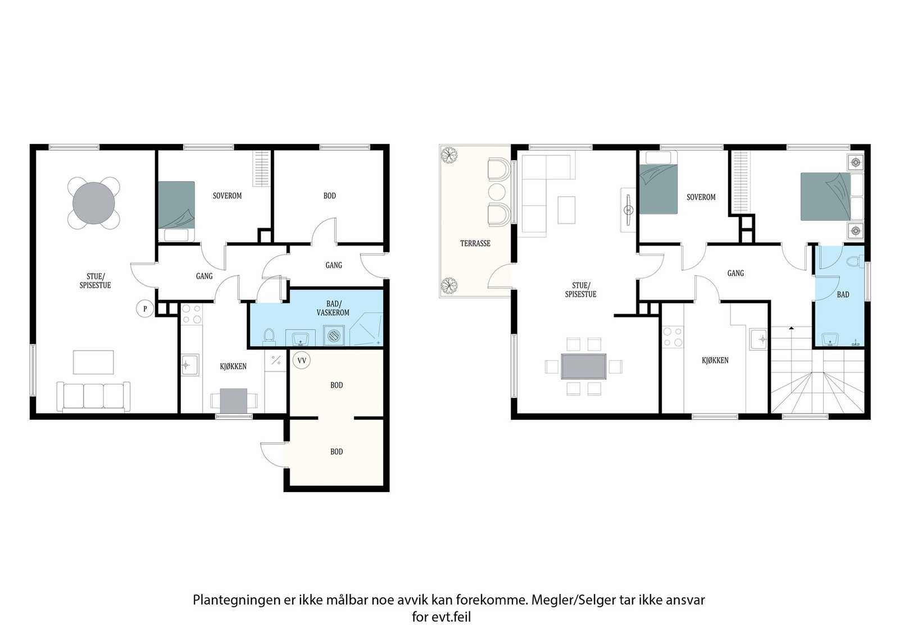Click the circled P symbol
click(145, 309)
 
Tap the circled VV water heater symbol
click(301, 360)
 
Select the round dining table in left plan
click(93, 203)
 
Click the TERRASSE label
click(475, 243)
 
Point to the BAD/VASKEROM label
click(333, 308)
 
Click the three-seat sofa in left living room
click(93, 397)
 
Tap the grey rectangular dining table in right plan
click(584, 366)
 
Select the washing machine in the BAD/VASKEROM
click(334, 335)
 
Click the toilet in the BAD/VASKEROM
click(269, 337)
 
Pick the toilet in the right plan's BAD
click(855, 262)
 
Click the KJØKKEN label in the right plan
click(715, 360)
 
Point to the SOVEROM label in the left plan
click(227, 196)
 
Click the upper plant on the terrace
click(449, 155)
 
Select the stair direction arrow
click(791, 329)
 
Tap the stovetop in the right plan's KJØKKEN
click(673, 337)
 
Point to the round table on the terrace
click(497, 192)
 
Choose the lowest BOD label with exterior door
click(337, 452)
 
